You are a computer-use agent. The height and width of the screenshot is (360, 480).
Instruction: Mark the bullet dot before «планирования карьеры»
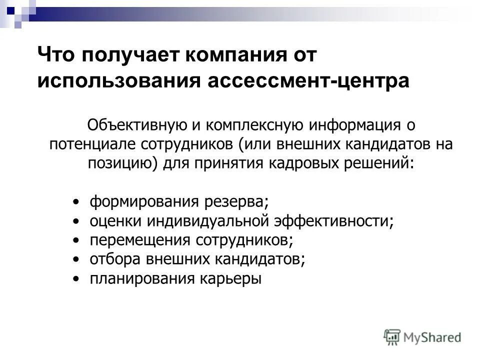[75, 278]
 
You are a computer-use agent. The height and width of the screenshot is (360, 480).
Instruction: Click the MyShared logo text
[433, 337]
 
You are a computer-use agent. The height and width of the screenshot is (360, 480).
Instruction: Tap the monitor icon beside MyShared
[392, 336]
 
